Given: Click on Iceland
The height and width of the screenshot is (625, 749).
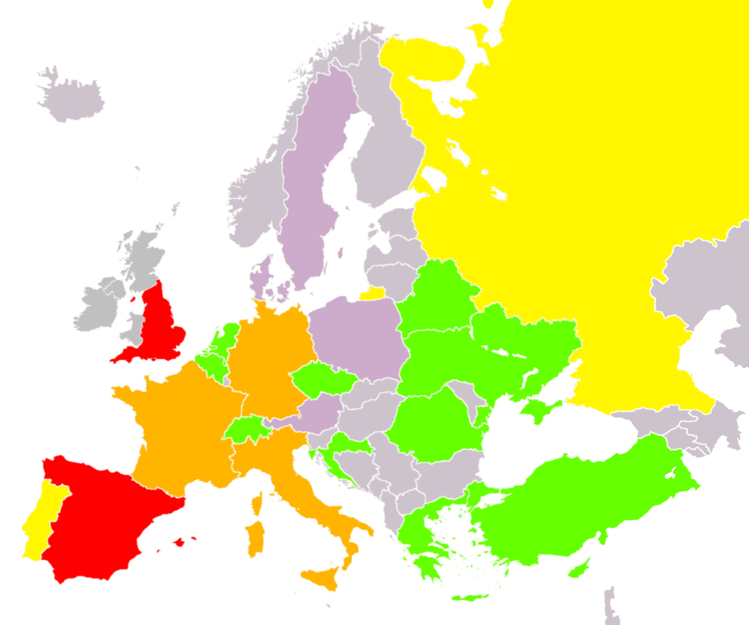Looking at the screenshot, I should (71, 100).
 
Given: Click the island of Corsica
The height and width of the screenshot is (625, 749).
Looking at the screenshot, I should (257, 503).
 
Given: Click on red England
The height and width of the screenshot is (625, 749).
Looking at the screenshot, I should (159, 328).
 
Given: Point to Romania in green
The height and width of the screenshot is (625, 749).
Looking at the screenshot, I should (433, 427).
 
